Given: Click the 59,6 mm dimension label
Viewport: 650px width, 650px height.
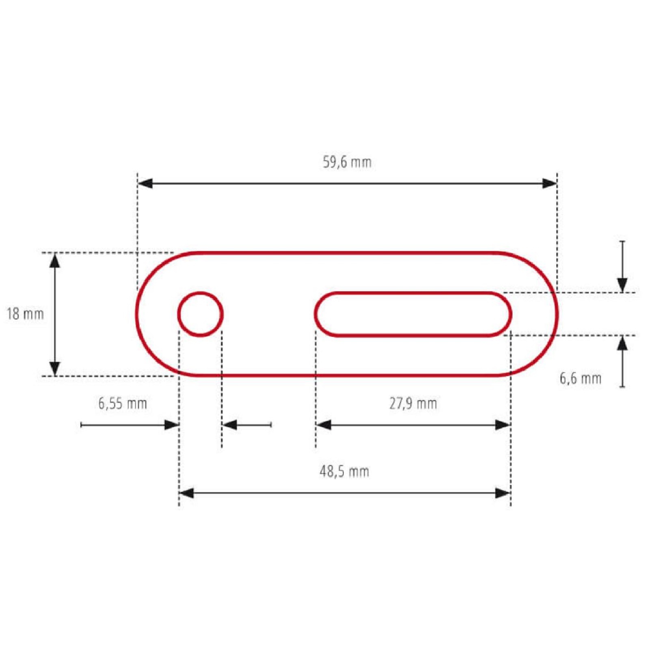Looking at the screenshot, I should [x=347, y=162].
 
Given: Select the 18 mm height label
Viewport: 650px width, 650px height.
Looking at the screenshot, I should [x=25, y=313].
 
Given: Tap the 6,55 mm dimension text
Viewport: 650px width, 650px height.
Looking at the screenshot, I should [x=122, y=403].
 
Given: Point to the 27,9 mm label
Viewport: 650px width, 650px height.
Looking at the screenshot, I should [x=413, y=403].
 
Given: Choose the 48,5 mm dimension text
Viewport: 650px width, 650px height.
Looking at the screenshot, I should [x=344, y=471].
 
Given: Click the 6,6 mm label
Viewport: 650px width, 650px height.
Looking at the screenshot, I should [x=580, y=378].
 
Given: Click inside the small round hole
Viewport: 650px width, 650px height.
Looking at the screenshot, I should [x=200, y=314].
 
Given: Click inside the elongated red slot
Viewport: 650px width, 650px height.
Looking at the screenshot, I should [x=413, y=314].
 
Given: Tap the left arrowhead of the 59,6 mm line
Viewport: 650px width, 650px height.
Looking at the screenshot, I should [x=145, y=183].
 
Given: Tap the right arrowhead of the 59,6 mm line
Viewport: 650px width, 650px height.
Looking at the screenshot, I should [x=549, y=183].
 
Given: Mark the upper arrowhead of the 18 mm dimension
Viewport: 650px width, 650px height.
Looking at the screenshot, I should [x=55, y=261].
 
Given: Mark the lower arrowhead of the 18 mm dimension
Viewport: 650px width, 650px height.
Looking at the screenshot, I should [x=55, y=368].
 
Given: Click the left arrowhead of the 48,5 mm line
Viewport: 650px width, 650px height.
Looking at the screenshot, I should [x=186, y=493].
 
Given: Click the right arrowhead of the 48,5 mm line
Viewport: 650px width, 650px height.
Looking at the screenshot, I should [x=503, y=493].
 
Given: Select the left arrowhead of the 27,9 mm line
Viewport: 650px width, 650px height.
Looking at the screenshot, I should [x=324, y=425].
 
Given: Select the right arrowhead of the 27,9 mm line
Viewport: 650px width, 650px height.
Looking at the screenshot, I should [x=503, y=425].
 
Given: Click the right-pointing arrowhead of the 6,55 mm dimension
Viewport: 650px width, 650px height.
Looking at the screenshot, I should [x=172, y=425].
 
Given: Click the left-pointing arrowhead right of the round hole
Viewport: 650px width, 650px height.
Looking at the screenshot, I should [x=230, y=425].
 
